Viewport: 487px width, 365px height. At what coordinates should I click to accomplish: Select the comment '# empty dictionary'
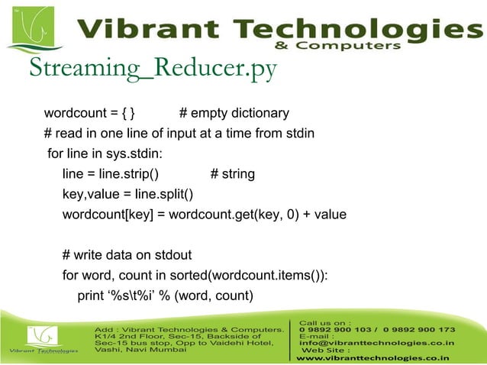click(234, 114)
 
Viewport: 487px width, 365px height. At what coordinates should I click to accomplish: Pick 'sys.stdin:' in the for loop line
click(134, 154)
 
